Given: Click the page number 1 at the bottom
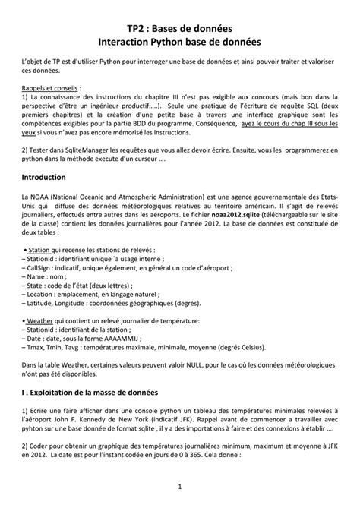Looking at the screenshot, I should (180, 486).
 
